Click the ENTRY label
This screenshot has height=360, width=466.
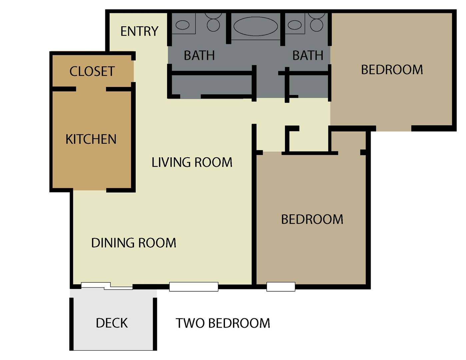[139, 31]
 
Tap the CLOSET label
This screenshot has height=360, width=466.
[92, 71]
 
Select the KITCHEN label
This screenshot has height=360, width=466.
[91, 139]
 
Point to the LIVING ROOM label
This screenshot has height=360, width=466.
[192, 162]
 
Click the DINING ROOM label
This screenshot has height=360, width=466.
[134, 243]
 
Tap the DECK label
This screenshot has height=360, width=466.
[112, 323]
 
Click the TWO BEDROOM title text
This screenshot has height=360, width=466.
[223, 323]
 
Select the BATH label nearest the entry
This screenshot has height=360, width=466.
[199, 55]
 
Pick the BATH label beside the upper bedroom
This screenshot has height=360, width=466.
[308, 55]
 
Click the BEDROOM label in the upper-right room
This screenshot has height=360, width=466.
[392, 70]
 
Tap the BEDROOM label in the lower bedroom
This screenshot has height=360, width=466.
[312, 219]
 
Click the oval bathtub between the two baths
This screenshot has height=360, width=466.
[255, 26]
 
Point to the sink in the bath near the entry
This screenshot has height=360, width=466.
[182, 25]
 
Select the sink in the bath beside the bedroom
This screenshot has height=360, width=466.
[295, 25]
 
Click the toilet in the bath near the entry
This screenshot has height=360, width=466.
[213, 23]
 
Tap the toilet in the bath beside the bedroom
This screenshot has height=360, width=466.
[317, 23]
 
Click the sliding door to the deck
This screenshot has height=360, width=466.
[107, 286]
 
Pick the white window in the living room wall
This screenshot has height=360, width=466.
[194, 287]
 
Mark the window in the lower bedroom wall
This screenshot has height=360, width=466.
[281, 287]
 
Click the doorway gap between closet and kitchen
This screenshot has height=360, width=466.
[91, 89]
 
